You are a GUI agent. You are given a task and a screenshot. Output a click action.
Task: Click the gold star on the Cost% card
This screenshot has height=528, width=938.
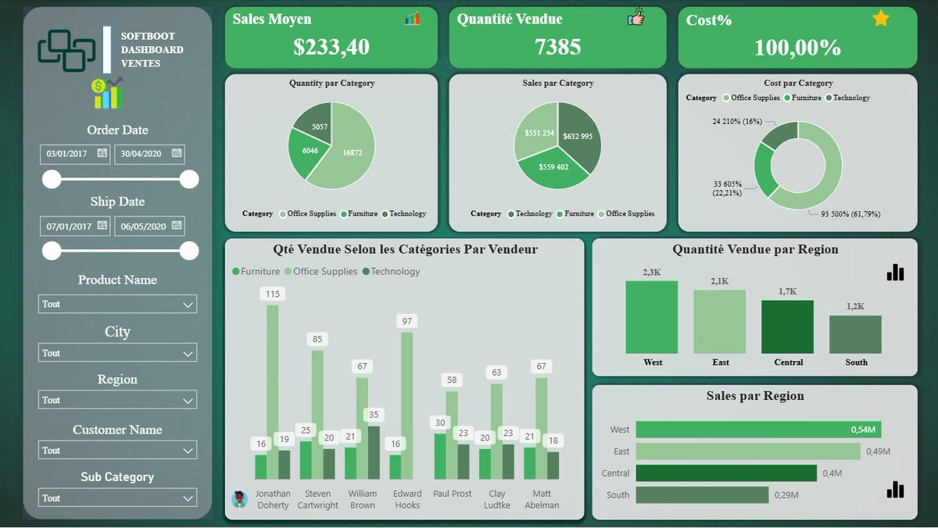click(881, 19)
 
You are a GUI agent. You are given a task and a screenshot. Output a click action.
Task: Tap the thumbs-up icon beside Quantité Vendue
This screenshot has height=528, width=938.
click(636, 16)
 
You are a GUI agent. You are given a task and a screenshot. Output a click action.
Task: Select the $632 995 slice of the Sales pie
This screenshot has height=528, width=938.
click(579, 136)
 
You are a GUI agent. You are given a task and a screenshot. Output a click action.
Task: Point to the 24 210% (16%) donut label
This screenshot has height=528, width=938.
click(737, 121)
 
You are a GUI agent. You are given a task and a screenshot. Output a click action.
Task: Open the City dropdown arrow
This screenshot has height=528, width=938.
click(188, 354)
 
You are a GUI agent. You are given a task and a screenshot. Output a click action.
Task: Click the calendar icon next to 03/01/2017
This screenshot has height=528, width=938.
click(102, 153)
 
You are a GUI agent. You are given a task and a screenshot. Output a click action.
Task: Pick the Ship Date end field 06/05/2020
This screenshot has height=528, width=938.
click(149, 226)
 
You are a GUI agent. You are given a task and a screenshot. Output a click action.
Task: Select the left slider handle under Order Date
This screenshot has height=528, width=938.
click(52, 179)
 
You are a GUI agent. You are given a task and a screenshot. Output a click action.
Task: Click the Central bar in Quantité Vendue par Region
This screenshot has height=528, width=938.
click(787, 326)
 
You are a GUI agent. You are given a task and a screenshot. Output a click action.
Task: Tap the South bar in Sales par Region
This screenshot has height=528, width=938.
click(702, 495)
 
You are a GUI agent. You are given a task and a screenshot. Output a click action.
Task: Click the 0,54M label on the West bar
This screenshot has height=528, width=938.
click(863, 430)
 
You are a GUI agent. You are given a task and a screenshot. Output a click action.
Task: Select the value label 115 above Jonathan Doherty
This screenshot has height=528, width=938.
click(273, 294)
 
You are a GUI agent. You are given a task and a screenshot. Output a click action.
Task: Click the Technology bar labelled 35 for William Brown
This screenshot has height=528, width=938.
click(374, 453)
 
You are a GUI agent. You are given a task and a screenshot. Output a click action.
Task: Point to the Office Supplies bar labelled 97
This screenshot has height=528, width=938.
click(407, 406)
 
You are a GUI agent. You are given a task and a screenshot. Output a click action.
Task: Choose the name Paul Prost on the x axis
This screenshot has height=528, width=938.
click(452, 494)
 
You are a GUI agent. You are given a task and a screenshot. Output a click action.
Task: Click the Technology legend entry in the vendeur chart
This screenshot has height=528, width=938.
click(391, 272)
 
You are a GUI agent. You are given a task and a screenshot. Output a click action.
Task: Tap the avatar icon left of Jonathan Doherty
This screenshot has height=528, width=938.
click(239, 499)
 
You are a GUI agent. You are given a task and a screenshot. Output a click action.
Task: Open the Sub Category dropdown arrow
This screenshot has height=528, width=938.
click(188, 499)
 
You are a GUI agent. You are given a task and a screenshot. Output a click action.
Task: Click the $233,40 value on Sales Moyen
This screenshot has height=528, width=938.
click(331, 46)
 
